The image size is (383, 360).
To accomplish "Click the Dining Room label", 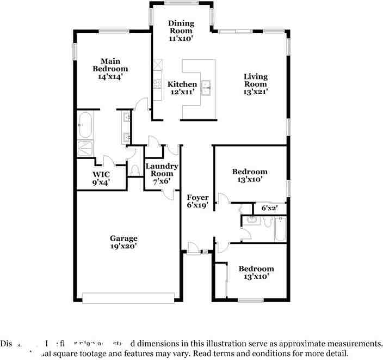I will (x=181, y=27).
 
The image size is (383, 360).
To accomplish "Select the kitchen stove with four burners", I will (x=158, y=84).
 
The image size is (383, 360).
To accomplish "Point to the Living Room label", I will (x=255, y=80).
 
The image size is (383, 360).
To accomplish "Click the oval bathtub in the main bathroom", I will (x=85, y=125).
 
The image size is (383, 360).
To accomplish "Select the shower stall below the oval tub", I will (x=85, y=148).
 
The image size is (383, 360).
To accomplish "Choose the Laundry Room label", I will (x=162, y=169).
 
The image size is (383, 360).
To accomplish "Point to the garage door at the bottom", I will (x=128, y=297).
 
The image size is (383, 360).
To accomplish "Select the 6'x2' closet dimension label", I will (x=270, y=208).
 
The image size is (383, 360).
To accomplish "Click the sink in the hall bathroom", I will (x=251, y=221).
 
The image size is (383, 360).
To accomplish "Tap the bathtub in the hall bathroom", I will (x=279, y=228).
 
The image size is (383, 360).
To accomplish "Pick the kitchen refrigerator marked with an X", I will (x=158, y=66).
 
